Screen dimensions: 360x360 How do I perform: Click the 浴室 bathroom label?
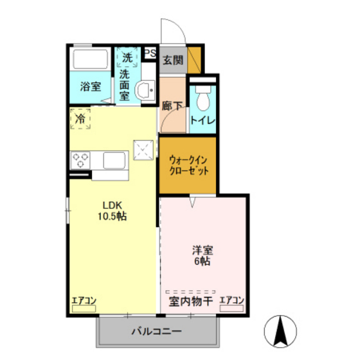coord(90,87)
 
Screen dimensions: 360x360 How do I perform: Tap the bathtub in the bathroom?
coord(90,61)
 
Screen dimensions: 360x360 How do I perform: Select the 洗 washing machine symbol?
coord(127,58)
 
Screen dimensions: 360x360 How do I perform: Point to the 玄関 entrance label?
coord(172,60)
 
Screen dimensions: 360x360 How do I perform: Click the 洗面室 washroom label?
coord(125,84)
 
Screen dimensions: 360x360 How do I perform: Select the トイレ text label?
coord(203,121)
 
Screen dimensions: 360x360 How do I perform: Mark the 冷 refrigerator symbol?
coord(80,119)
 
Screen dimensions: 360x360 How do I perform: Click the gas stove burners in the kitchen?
coord(80,159)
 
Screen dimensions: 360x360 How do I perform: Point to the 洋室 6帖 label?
coord(203,255)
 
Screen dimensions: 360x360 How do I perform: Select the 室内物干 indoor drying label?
coord(191,301)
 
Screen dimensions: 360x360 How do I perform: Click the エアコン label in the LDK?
coord(84,300)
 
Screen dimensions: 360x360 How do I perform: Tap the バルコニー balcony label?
coord(157,332)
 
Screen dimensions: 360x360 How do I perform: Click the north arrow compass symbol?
coord(281,331)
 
